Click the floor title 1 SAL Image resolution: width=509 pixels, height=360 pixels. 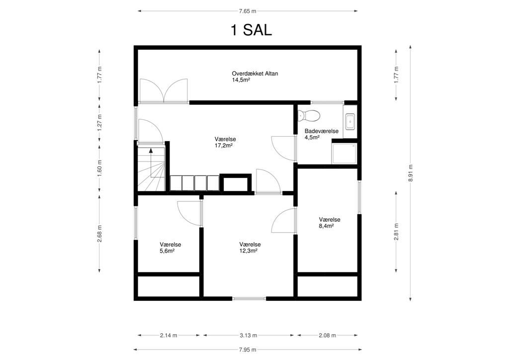pyautogui.click(x=251, y=30)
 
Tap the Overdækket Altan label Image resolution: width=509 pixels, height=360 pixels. pyautogui.click(x=254, y=77)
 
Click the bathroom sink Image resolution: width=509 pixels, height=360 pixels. pyautogui.click(x=349, y=120)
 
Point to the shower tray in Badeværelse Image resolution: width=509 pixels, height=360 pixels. pyautogui.click(x=344, y=153)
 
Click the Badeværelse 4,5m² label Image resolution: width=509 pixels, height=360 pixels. pyautogui.click(x=321, y=134)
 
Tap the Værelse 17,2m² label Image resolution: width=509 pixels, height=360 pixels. pyautogui.click(x=225, y=143)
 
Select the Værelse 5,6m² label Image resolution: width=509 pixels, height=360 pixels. pyautogui.click(x=170, y=248)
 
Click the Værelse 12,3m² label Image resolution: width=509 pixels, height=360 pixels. pyautogui.click(x=250, y=248)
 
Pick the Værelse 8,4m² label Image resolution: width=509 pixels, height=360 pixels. pyautogui.click(x=329, y=222)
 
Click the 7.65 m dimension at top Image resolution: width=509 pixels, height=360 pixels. pyautogui.click(x=247, y=10)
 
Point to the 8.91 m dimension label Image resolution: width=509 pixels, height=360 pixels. pyautogui.click(x=411, y=173)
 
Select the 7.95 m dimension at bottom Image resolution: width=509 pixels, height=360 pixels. pyautogui.click(x=247, y=349)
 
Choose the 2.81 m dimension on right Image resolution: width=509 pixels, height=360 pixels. pyautogui.click(x=396, y=232)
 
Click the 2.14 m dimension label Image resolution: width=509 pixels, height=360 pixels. pyautogui.click(x=169, y=336)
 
